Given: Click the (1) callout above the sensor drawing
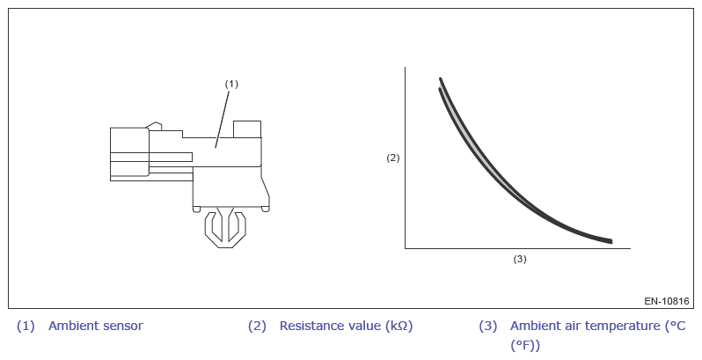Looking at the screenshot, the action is tap(231, 84).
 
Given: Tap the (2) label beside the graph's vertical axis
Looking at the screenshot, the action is tap(393, 158).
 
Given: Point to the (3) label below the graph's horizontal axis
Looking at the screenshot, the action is tap(520, 259).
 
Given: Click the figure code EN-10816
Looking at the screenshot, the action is tap(667, 301).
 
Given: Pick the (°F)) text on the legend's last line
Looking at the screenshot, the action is tap(525, 346).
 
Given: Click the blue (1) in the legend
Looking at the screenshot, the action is tap(26, 326).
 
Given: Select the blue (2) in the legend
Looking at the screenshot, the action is tap(257, 326).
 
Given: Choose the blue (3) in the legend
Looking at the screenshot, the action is tap(488, 326).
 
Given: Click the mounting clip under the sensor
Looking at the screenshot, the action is tap(225, 227).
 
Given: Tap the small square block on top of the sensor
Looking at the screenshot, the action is tap(247, 129).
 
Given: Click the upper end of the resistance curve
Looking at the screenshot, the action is tap(441, 79).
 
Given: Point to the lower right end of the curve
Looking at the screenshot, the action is tap(611, 242).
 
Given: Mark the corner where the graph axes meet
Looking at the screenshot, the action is tap(406, 247).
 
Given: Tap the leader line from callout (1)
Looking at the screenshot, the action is tap(223, 119).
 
